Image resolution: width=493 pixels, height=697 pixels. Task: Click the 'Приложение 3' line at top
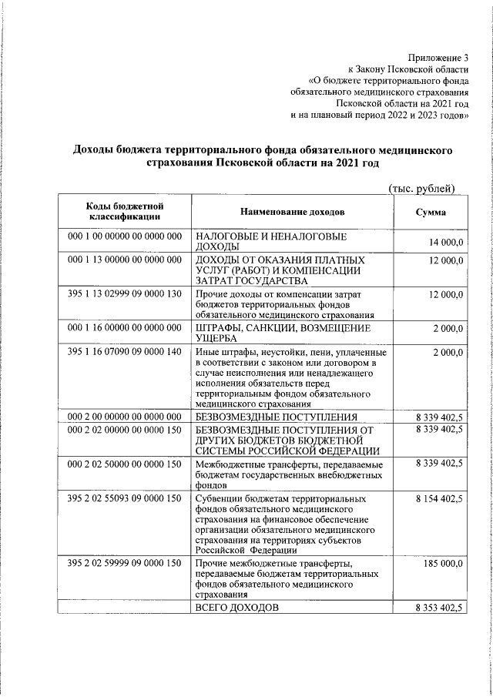(x=439, y=58)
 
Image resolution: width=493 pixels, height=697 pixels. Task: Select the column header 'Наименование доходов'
(x=293, y=213)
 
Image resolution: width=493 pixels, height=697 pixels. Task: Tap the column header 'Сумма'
(x=431, y=213)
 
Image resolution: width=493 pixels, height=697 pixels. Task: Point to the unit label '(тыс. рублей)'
(x=421, y=189)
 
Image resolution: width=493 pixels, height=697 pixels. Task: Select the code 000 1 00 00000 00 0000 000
(x=125, y=236)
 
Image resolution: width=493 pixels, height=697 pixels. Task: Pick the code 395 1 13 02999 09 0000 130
(x=125, y=295)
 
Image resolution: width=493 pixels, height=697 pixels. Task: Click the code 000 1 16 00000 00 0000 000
(x=125, y=328)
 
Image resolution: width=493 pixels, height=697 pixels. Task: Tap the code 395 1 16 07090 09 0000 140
(x=125, y=352)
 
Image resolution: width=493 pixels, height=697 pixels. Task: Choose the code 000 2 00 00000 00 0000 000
(x=125, y=417)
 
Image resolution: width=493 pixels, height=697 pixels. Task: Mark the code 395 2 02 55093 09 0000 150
(x=125, y=499)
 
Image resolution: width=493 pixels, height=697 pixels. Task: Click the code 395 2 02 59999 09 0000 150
(x=125, y=565)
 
